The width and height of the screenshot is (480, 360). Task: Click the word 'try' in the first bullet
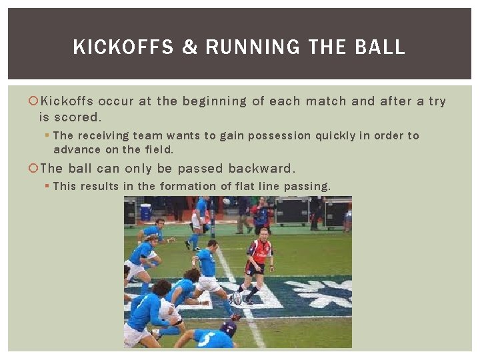pos(437,102)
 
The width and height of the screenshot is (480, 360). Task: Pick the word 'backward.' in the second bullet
pos(261,169)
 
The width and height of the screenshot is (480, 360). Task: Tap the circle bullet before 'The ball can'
pos(35,169)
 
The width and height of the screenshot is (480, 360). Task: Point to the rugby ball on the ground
pos(237,299)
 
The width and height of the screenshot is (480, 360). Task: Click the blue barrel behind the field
pos(145,211)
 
